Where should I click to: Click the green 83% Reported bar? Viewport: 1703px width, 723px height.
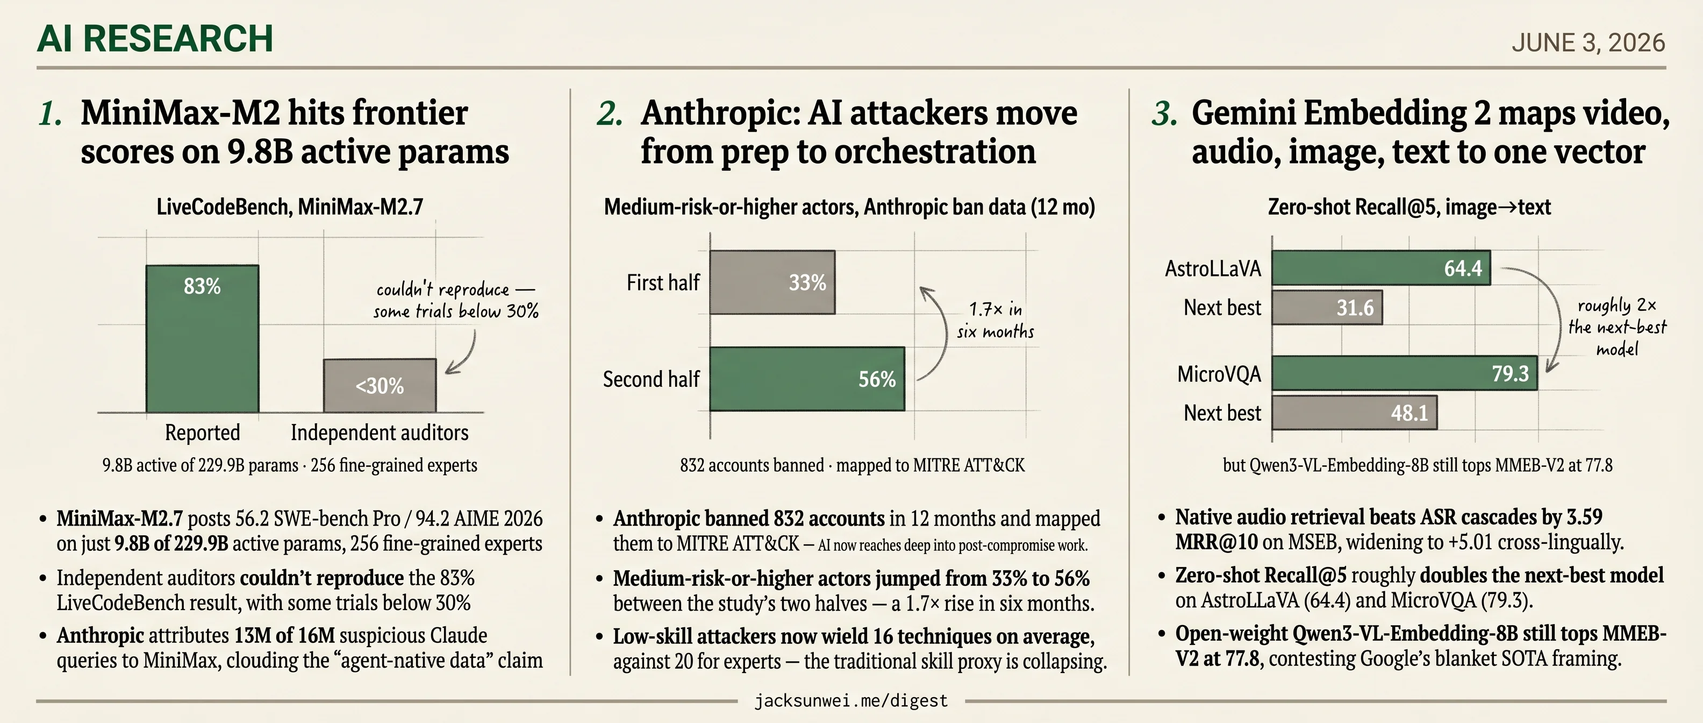coord(202,339)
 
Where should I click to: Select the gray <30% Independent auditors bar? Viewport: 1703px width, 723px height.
coord(380,386)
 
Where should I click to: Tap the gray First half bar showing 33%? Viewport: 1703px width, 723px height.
coord(772,282)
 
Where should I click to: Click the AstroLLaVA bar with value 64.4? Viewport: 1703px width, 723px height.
coord(1381,268)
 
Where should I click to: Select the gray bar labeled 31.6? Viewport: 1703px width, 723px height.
coord(1327,308)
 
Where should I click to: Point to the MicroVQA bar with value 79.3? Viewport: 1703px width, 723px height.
coord(1405,373)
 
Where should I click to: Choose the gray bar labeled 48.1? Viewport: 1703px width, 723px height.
coord(1355,413)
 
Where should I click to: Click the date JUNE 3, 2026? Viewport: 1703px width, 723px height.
coord(1588,43)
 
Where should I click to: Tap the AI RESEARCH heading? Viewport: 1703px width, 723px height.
coord(155,38)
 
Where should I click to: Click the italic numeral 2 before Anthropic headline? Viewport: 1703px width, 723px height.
coord(610,113)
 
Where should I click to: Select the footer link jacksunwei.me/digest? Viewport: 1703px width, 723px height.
coord(851,700)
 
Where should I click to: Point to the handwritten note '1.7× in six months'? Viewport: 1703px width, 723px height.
coord(996,320)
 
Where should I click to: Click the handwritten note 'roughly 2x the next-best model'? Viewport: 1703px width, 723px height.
coord(1617,327)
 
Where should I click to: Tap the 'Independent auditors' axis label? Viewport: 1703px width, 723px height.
coord(380,433)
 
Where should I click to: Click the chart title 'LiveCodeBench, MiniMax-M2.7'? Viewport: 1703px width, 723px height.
coord(290,207)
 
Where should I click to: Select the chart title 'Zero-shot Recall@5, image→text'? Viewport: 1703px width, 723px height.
coord(1409,207)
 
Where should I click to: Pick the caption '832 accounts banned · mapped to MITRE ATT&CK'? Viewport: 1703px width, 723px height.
coord(852,465)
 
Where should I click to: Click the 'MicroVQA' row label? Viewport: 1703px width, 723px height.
coord(1219,374)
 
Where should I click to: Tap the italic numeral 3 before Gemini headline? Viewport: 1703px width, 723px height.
coord(1164,113)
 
